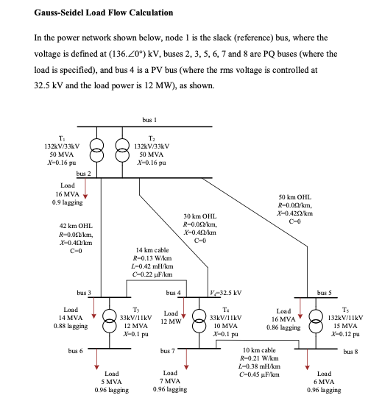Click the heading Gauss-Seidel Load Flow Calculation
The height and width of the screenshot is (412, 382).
point(103,13)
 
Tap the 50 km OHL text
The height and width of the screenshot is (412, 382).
point(297,197)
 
